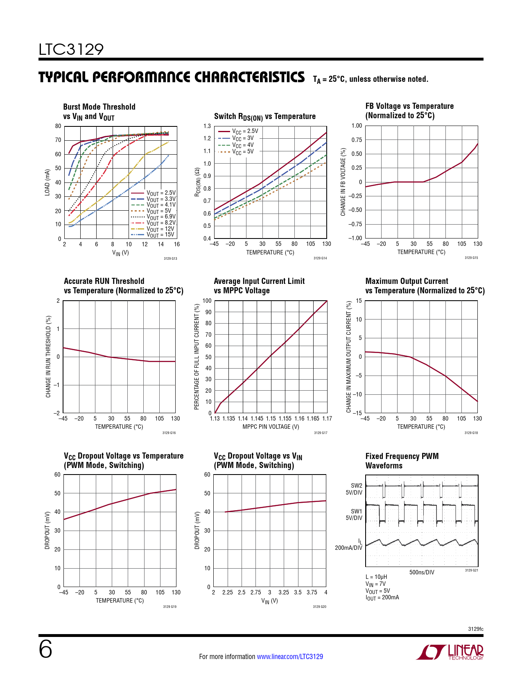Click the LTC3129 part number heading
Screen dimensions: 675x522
tap(71, 49)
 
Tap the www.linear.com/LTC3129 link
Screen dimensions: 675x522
tap(289, 657)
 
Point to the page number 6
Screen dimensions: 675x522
tap(45, 650)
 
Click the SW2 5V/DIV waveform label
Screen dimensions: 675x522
tap(354, 489)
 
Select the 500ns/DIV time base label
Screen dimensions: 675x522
tap(421, 572)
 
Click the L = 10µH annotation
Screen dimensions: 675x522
tap(376, 577)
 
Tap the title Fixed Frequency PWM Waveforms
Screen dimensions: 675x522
tap(402, 461)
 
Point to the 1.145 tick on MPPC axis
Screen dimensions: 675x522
tap(257, 418)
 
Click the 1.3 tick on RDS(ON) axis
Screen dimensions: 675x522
tap(207, 126)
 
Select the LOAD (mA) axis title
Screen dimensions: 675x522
tap(47, 182)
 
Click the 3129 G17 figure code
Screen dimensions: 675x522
tap(321, 433)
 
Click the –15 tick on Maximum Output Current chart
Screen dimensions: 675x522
tap(357, 413)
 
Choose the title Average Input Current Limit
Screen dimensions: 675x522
tap(259, 281)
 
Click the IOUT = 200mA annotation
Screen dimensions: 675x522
tap(382, 598)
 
